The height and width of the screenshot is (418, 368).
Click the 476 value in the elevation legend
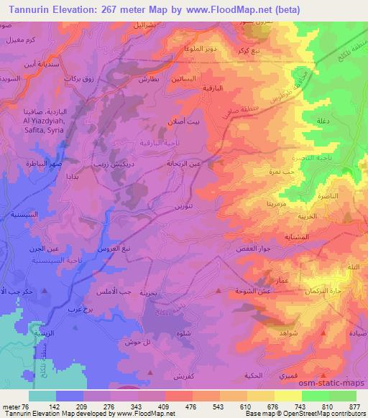(192, 407)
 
